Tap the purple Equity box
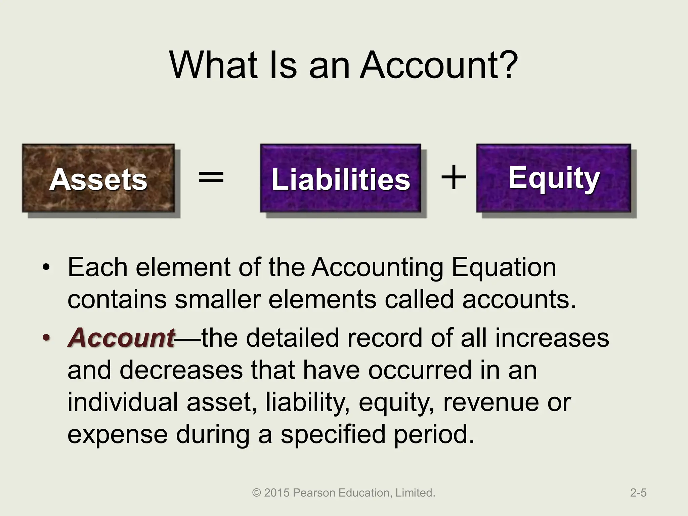(553, 178)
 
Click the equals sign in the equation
(211, 177)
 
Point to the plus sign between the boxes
(454, 177)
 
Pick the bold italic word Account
(121, 338)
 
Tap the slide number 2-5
(638, 493)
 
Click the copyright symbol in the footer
(257, 493)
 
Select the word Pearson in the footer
(314, 493)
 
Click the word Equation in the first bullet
(504, 268)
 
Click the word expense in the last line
(118, 434)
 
